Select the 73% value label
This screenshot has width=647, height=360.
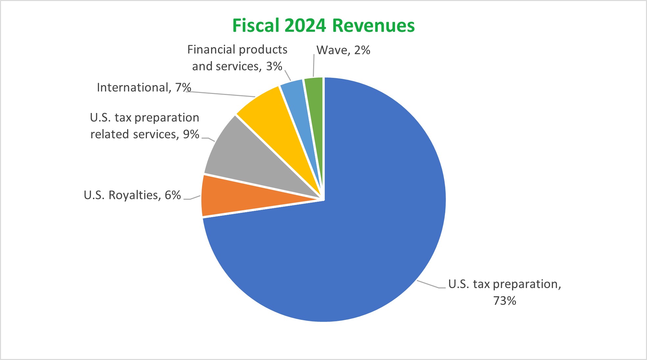pos(504,301)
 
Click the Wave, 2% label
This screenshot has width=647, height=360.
pos(343,50)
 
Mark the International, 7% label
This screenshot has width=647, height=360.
pos(144,87)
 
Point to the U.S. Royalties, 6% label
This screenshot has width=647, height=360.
pos(132,195)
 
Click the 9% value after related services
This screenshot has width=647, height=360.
pos(191,134)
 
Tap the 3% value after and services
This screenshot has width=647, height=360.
pos(274,66)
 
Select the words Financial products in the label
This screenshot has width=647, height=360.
pos(237,50)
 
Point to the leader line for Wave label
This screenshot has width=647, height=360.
pos(313,66)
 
